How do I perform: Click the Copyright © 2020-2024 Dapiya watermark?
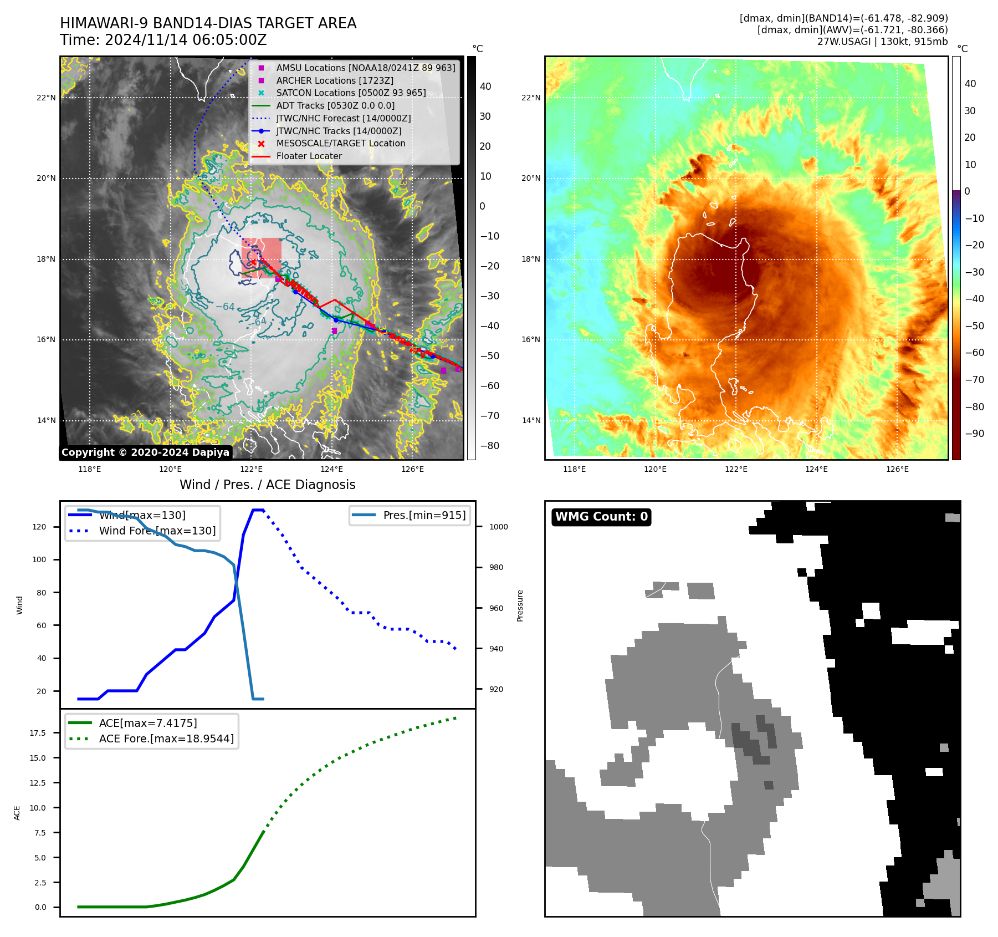(x=145, y=452)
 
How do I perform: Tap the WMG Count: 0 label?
(x=601, y=517)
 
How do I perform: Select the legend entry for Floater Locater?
(x=309, y=156)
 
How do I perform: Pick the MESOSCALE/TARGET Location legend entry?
(x=340, y=144)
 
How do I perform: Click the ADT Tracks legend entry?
(x=335, y=106)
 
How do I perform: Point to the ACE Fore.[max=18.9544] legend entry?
(x=166, y=739)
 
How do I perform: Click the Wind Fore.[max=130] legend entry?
(x=157, y=531)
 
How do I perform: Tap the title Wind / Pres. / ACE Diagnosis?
(x=267, y=485)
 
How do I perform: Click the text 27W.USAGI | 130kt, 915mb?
(x=882, y=42)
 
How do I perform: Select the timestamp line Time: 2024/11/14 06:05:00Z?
(x=163, y=40)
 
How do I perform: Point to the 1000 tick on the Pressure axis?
(x=498, y=527)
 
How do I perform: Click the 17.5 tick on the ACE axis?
(x=38, y=733)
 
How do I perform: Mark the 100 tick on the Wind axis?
(x=39, y=559)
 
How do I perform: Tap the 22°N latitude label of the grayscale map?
(x=46, y=98)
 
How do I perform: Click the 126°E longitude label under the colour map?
(x=897, y=469)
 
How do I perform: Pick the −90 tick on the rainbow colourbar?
(x=974, y=434)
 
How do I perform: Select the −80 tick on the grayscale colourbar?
(x=489, y=446)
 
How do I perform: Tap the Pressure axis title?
(x=520, y=605)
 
